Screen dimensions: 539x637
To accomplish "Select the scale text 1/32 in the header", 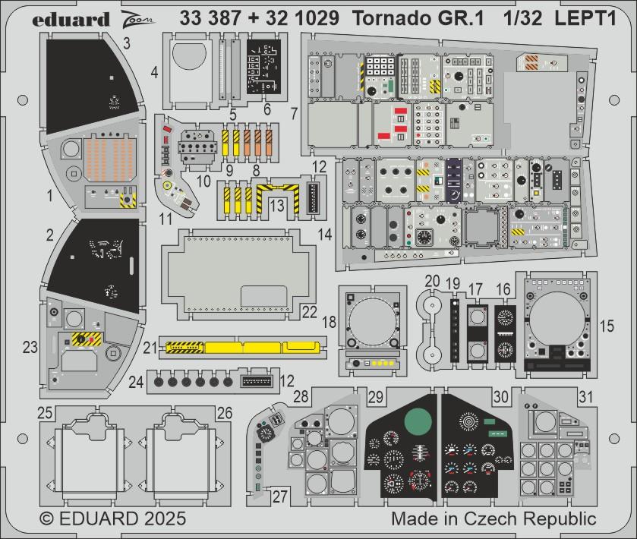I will pyautogui.click(x=520, y=19).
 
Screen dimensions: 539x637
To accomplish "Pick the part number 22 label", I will pyautogui.click(x=309, y=311).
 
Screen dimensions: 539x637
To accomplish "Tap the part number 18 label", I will pyautogui.click(x=329, y=322).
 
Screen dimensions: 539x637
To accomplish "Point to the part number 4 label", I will pyautogui.click(x=154, y=73).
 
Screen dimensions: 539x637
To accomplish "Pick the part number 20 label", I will pyautogui.click(x=432, y=281).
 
